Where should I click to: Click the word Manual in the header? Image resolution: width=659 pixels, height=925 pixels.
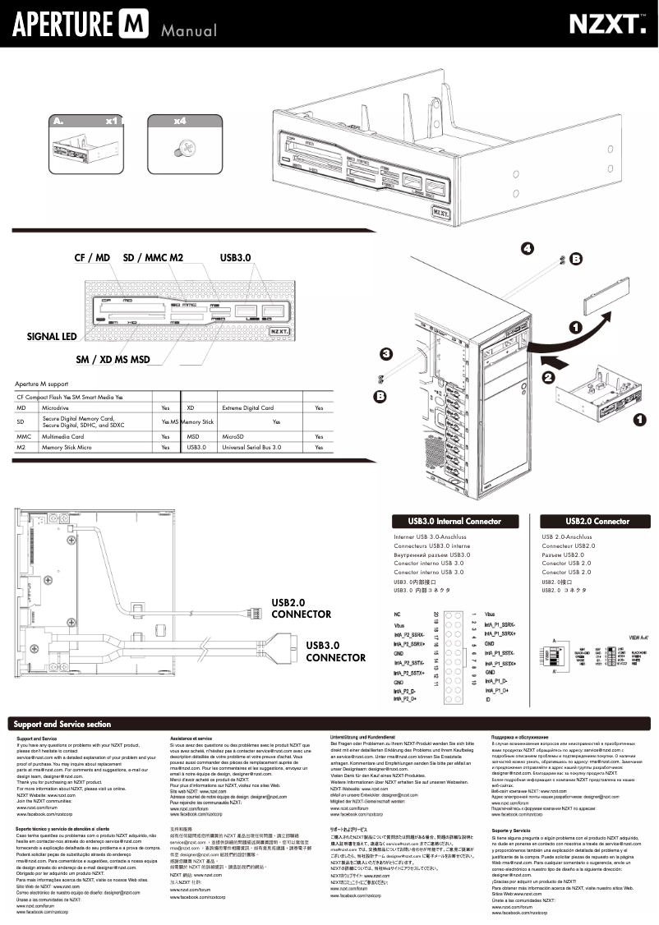point(189,31)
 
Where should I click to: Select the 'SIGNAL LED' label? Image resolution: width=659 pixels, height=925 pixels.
point(51,337)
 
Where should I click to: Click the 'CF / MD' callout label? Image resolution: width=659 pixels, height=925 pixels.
point(92,258)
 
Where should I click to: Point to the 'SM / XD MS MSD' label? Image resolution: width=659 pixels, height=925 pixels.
point(113,360)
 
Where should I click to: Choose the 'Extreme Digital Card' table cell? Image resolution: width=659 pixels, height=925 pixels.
point(247,407)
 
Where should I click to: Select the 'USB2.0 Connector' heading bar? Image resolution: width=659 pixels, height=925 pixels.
point(597,521)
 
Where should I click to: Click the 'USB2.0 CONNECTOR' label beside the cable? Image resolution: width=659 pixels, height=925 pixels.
point(301,609)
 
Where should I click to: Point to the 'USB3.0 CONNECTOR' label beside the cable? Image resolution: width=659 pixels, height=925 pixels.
point(335,651)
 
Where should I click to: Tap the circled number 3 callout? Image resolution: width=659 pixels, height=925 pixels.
point(385,354)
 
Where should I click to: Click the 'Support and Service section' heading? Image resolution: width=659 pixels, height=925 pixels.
point(62,725)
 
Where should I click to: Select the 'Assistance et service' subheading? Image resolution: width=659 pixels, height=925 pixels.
point(191,739)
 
